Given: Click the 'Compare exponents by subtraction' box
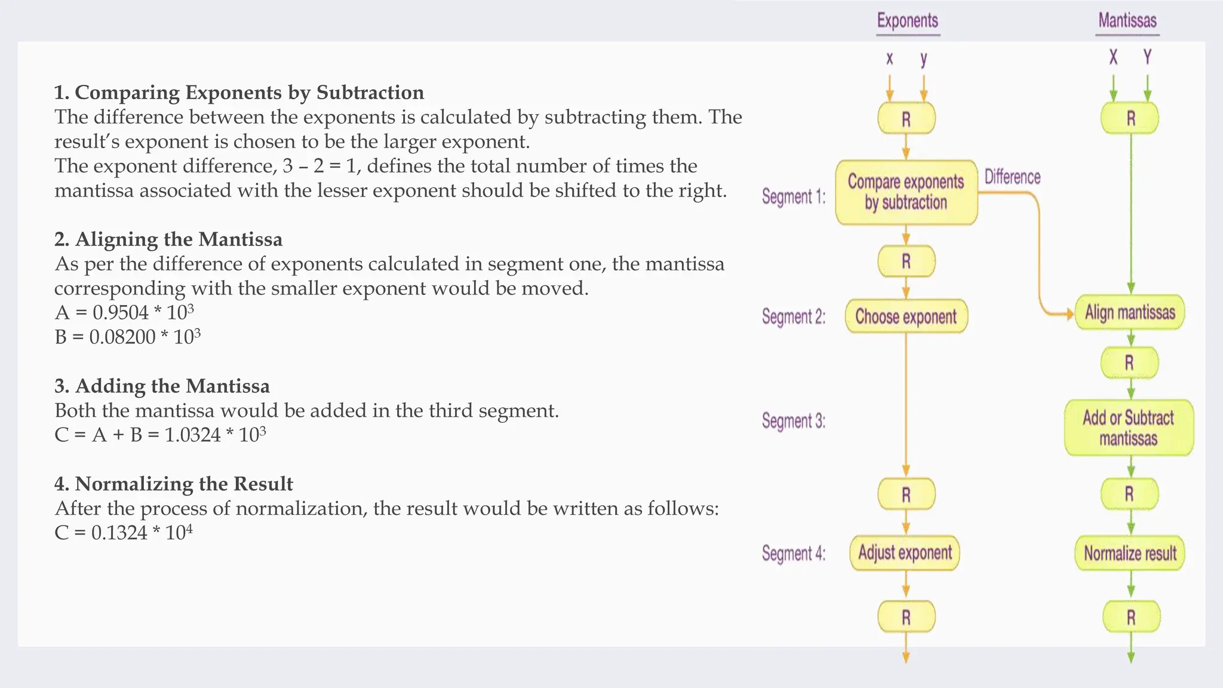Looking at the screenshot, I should [906, 192].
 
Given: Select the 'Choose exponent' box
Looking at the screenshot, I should [906, 317].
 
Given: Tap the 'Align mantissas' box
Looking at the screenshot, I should [1130, 312].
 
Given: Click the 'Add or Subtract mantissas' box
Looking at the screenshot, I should [1129, 428].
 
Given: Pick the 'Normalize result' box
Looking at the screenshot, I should [1130, 554].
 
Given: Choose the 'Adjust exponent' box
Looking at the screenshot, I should [905, 553].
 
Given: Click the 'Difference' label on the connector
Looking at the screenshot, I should [1012, 177].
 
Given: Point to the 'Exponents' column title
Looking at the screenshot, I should [908, 21].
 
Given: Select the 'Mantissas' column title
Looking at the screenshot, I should [1127, 21].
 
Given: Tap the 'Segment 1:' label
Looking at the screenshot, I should [794, 196].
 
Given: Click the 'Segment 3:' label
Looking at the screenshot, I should [794, 421].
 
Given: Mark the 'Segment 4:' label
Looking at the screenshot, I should [794, 554].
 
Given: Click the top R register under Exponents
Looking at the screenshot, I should [906, 119].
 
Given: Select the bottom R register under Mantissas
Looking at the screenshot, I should [1131, 617].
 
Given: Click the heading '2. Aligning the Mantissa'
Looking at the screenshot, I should [168, 239].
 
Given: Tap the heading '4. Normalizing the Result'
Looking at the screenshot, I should [174, 484].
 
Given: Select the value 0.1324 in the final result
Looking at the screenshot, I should [119, 533].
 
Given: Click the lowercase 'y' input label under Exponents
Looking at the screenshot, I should [924, 59].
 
